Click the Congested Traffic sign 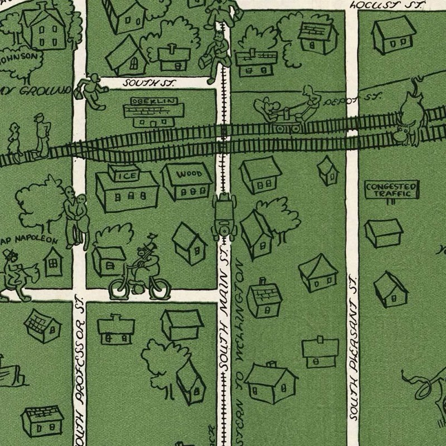(x=391, y=190)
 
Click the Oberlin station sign (x=154, y=101)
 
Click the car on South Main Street (x=225, y=215)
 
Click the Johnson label (x=20, y=56)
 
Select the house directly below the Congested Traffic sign (x=383, y=232)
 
